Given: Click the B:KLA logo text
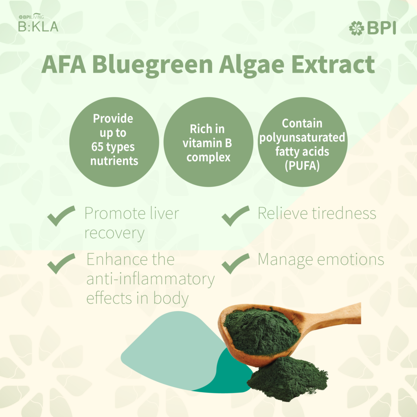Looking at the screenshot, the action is (38, 26).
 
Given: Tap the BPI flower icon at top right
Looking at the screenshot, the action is (356, 28).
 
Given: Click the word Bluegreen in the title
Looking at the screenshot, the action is (153, 65).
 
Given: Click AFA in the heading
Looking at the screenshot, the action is (64, 64).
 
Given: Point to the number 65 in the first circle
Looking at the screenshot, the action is (97, 147).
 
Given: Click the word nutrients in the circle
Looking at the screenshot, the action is (114, 161).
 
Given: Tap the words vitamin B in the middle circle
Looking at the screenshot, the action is (207, 143).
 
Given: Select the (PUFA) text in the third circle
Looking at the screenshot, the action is (302, 166).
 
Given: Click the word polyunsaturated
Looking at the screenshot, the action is (302, 138).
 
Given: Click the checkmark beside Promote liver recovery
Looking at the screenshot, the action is (61, 216).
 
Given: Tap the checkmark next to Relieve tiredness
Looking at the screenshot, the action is (236, 216).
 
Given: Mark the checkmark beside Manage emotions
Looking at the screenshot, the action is (236, 263).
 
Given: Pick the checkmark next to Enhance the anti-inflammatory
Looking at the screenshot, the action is (61, 263).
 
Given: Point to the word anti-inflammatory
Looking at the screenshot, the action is (151, 280).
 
